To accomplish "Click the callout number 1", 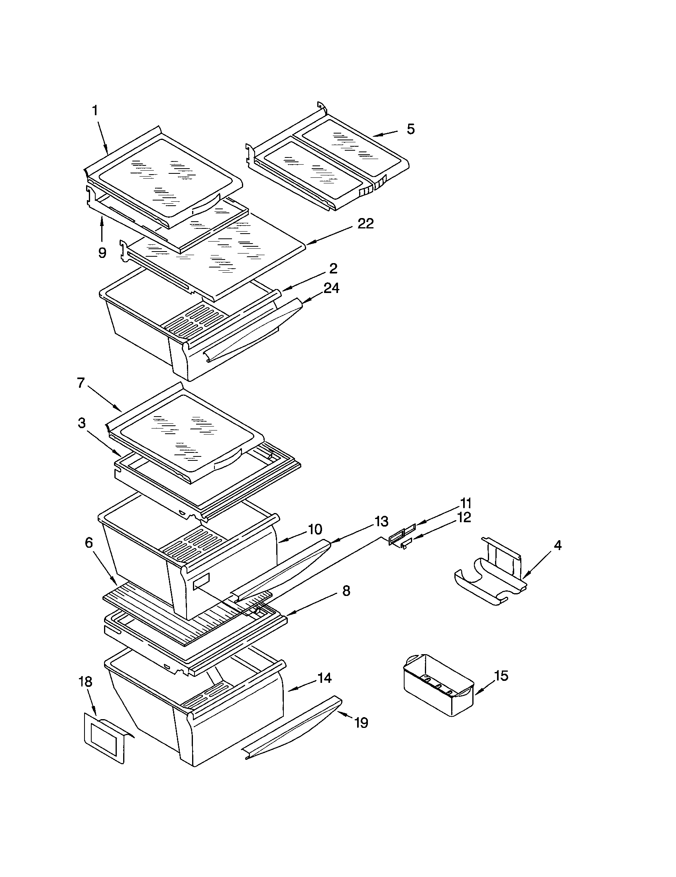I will click(95, 110).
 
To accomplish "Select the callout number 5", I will click(410, 129).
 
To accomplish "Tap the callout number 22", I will click(365, 224).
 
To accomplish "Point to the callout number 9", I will click(102, 253).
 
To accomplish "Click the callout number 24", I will click(331, 288).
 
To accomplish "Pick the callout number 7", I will click(81, 383).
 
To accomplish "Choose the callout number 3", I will click(81, 423).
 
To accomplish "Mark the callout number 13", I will click(381, 521).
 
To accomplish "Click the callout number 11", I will click(465, 503).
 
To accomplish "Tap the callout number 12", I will click(464, 517).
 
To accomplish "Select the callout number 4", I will click(558, 545).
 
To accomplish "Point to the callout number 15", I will click(501, 676).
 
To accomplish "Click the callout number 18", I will click(86, 681).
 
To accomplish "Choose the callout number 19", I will click(361, 723).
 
